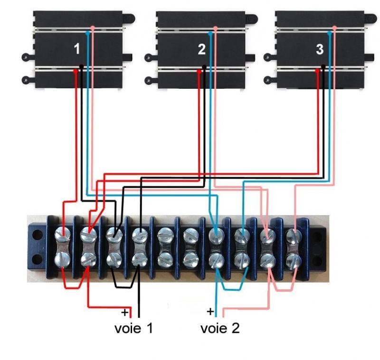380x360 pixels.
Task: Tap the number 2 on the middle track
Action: click(x=201, y=48)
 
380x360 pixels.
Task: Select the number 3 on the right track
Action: click(x=319, y=48)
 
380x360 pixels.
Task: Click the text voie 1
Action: click(x=134, y=328)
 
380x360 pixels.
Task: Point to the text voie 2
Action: click(x=220, y=328)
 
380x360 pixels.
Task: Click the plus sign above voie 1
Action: click(x=124, y=313)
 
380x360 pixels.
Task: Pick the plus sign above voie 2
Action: click(x=210, y=312)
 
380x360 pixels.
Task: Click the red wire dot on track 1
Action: click(x=76, y=71)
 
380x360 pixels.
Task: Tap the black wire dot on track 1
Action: click(x=81, y=67)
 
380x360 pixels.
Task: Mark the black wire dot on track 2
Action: click(x=204, y=67)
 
